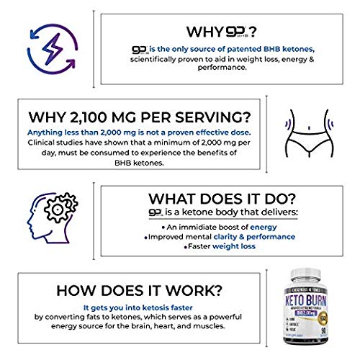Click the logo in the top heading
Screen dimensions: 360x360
[x=237, y=32]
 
